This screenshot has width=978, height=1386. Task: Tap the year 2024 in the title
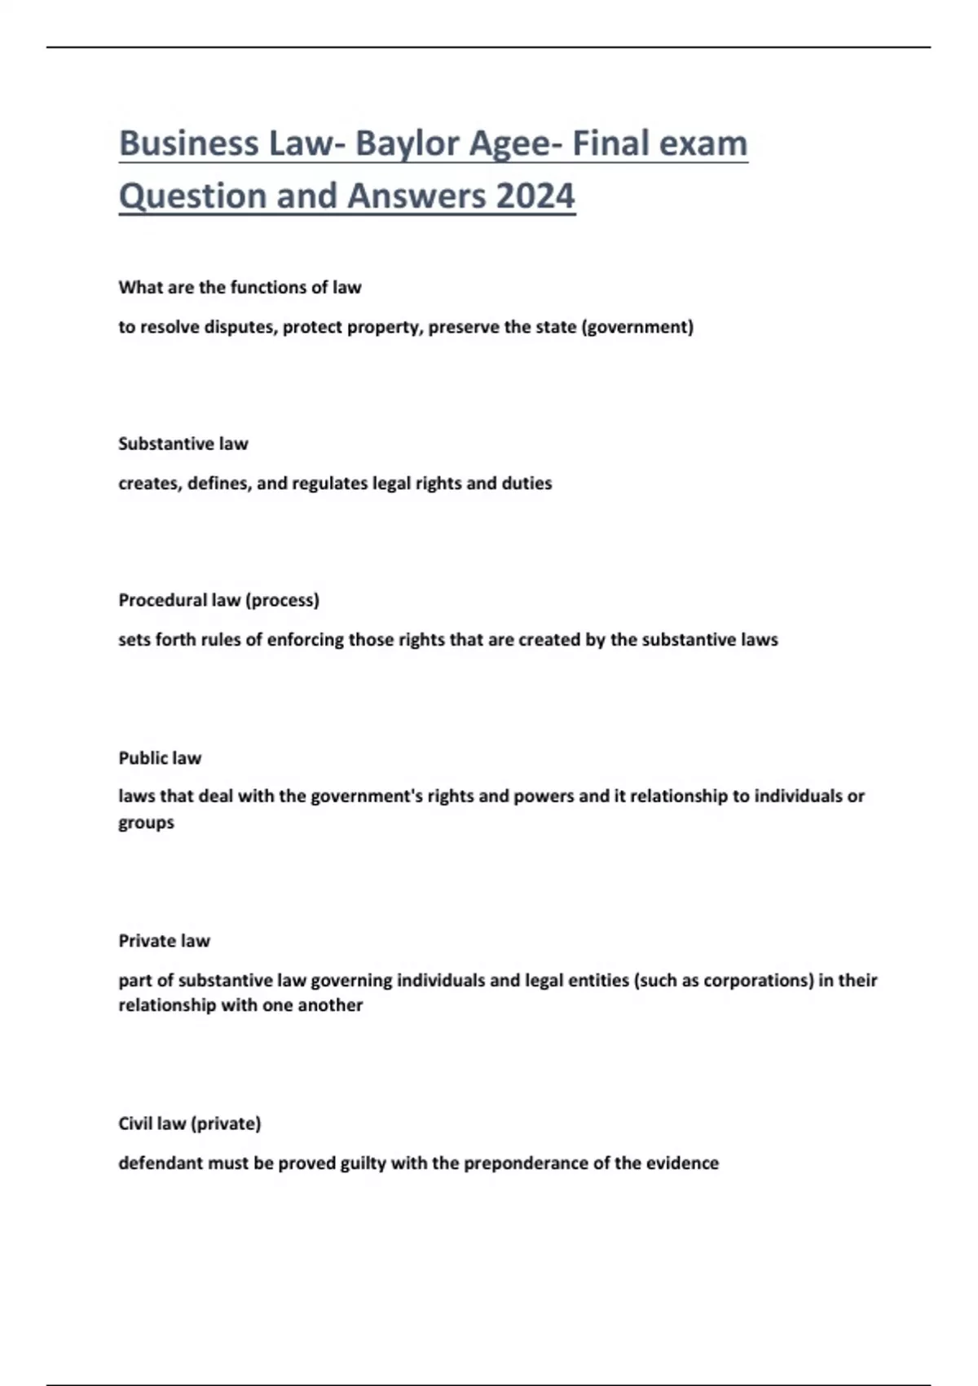click(x=535, y=196)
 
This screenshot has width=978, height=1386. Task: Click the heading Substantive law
click(x=183, y=444)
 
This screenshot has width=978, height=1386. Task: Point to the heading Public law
click(x=160, y=758)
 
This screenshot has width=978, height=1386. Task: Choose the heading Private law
click(x=165, y=941)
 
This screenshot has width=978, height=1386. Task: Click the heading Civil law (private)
click(x=190, y=1123)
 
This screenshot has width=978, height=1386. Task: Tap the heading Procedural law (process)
click(x=218, y=600)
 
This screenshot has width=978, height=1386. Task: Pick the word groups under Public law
click(x=147, y=823)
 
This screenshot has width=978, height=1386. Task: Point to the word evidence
click(x=682, y=1163)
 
